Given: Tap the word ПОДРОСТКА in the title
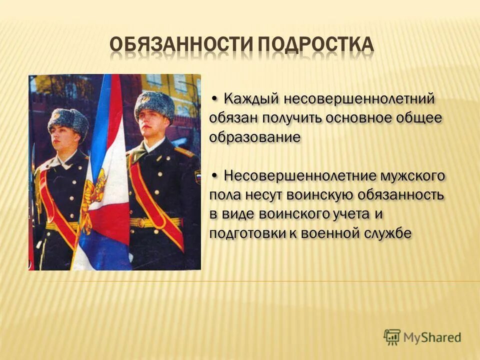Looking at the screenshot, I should tap(315, 45).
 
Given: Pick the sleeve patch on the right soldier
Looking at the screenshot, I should tap(197, 176).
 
